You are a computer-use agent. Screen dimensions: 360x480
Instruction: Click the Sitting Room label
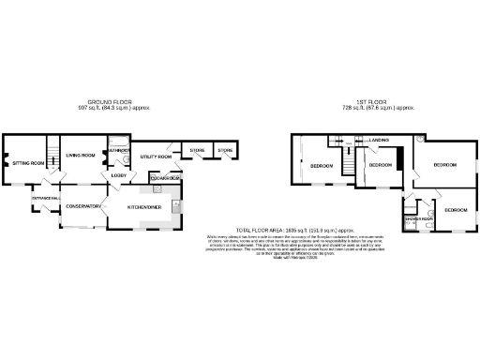pyautogui.click(x=28, y=163)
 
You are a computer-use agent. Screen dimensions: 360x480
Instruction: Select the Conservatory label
pyautogui.click(x=82, y=206)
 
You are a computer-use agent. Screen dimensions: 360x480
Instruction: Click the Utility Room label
pyautogui.click(x=156, y=157)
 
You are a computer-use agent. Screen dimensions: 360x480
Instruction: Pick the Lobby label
pyautogui.click(x=119, y=175)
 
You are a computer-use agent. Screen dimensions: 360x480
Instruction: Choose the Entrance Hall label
pyautogui.click(x=46, y=199)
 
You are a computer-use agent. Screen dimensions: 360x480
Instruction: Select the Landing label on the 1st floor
pyautogui.click(x=379, y=141)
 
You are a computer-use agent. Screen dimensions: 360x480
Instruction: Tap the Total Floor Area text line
pyautogui.click(x=293, y=230)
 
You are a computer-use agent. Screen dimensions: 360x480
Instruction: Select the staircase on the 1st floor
pyautogui.click(x=348, y=166)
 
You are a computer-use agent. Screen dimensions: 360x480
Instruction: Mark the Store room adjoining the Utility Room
pyautogui.click(x=198, y=150)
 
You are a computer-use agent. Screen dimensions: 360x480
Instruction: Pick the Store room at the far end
pyautogui.click(x=225, y=150)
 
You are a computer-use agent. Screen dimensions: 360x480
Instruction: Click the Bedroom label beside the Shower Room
pyautogui.click(x=456, y=210)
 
